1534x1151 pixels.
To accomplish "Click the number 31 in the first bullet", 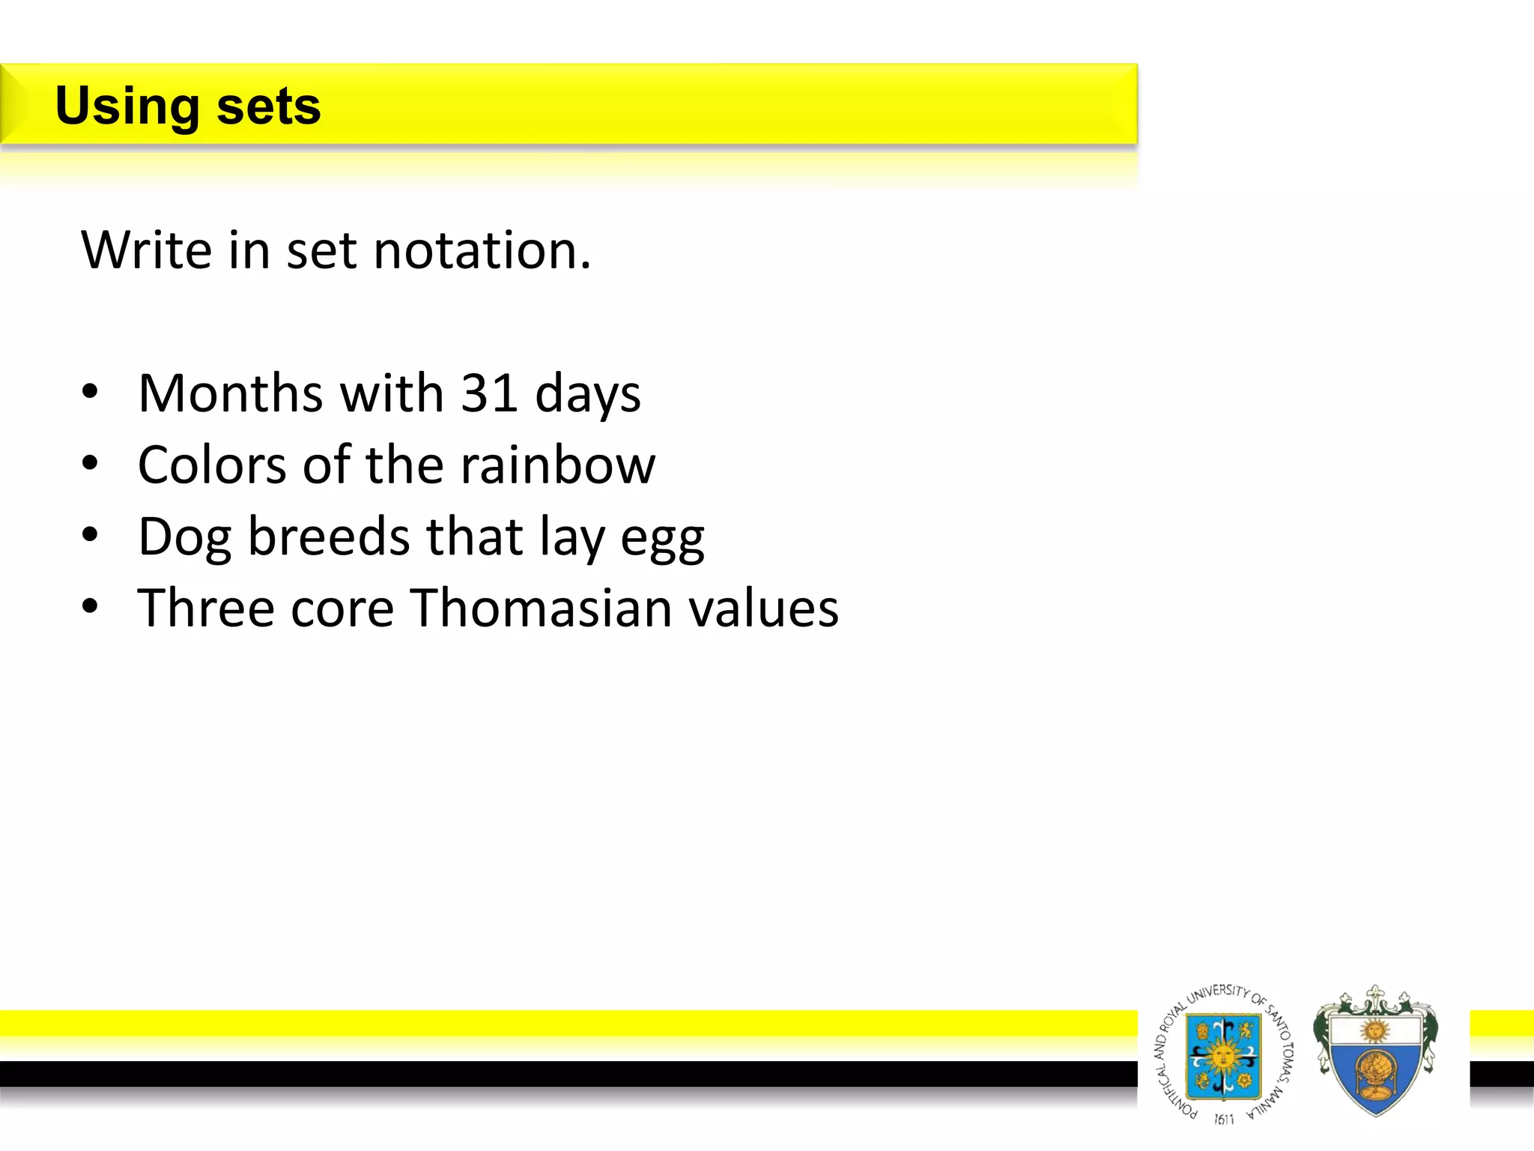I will pyautogui.click(x=488, y=393).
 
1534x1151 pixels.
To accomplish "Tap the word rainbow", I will pyautogui.click(x=557, y=465).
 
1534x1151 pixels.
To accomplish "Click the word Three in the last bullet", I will pyautogui.click(x=206, y=608).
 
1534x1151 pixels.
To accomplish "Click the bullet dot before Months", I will pyautogui.click(x=90, y=392).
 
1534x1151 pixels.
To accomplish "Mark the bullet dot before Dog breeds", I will pyautogui.click(x=90, y=535).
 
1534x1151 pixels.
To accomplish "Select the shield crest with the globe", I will pyautogui.click(x=1375, y=1053).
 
